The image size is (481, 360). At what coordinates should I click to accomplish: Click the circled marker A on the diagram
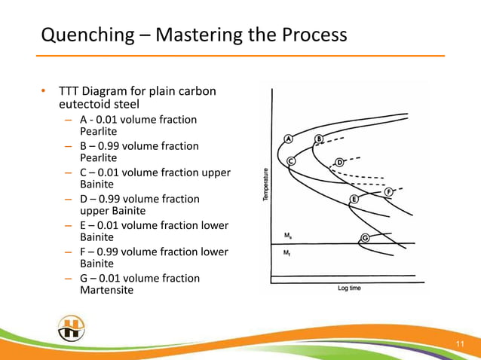(x=289, y=139)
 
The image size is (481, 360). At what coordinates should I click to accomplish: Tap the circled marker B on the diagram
(x=318, y=139)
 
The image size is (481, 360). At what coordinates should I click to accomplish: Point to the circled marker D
(x=339, y=162)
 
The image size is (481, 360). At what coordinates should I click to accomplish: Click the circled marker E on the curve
(x=353, y=200)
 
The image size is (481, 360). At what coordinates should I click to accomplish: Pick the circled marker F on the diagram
(x=389, y=191)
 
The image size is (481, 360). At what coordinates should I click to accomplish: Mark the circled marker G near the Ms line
(x=365, y=239)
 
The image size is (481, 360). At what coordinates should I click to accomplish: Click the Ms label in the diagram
(x=287, y=236)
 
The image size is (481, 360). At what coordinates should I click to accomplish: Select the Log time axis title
(x=348, y=288)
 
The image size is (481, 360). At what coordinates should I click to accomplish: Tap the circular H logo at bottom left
(x=71, y=329)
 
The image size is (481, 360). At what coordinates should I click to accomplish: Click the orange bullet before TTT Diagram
(x=44, y=93)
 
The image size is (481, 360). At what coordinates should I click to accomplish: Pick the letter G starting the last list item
(x=83, y=279)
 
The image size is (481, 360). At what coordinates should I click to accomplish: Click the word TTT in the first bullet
(x=69, y=92)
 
